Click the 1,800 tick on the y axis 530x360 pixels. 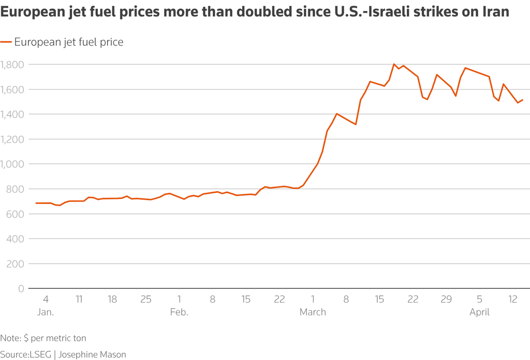pyautogui.click(x=12, y=65)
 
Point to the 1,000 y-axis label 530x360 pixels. pyautogui.click(x=12, y=164)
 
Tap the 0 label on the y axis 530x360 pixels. pyautogui.click(x=21, y=289)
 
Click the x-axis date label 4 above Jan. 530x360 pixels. pyautogui.click(x=46, y=299)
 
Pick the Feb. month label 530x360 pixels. pyautogui.click(x=179, y=312)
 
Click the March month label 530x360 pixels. pyautogui.click(x=313, y=312)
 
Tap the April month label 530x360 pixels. pyautogui.click(x=480, y=312)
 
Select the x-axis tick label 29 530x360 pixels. pyautogui.click(x=446, y=299)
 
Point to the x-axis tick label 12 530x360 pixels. pyautogui.click(x=513, y=299)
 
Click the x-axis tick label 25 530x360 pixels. pyautogui.click(x=146, y=299)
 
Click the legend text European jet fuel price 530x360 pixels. pyautogui.click(x=69, y=42)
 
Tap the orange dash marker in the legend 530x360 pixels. pyautogui.click(x=6, y=42)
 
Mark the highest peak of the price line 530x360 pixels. pyautogui.click(x=394, y=64)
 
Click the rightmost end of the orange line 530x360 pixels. pyautogui.click(x=523, y=100)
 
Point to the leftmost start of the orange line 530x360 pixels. pyautogui.click(x=36, y=203)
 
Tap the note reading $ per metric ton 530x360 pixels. pyautogui.click(x=55, y=338)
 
